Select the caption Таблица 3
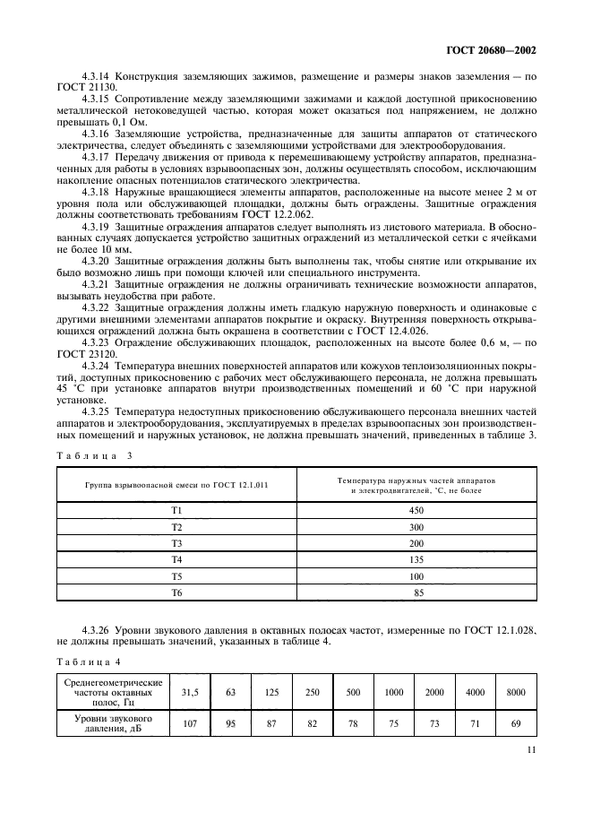point(94,455)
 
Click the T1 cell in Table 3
point(176,510)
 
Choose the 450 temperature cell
point(416,510)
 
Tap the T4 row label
point(176,559)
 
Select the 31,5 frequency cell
point(189,693)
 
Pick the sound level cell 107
point(189,723)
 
